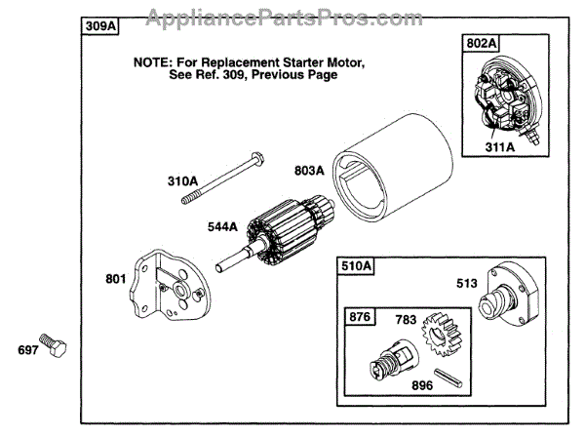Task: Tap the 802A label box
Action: pos(481,42)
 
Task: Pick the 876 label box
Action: pos(359,317)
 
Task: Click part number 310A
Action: pos(183,180)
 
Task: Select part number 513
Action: pos(467,284)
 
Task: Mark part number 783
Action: pos(405,319)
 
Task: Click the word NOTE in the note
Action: pos(155,60)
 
